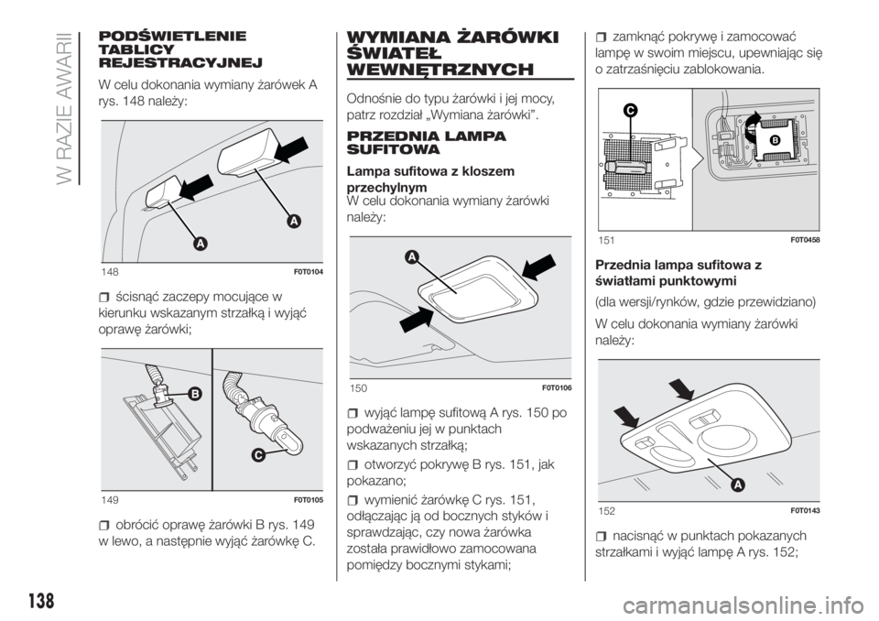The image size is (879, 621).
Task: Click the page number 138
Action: point(39,600)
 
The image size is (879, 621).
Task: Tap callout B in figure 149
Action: point(194,395)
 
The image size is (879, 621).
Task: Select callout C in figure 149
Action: point(257,455)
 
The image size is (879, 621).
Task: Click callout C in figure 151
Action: point(630,111)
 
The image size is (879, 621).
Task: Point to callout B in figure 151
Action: point(776,141)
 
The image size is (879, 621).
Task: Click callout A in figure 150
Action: point(411,257)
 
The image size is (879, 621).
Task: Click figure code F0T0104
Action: point(308,272)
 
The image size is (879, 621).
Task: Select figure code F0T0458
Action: point(806,240)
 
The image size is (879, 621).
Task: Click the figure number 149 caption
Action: point(110,500)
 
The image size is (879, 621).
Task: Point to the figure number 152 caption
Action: point(606,511)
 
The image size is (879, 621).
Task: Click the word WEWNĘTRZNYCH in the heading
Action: point(440,70)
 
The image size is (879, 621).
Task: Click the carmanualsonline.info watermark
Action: point(748,605)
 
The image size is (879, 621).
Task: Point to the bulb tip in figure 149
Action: point(293,444)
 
